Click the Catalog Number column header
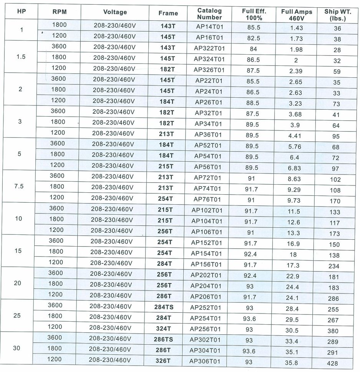pos(209,14)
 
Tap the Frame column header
pos(168,13)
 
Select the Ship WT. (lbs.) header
pos(338,15)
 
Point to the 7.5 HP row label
pos(19,186)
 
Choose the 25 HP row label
pos(18,315)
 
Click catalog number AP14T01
pos(209,27)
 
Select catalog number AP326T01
pos(209,70)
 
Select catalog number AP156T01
pos(207,264)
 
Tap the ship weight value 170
pos(335,201)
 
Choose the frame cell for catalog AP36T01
pos(166,134)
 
